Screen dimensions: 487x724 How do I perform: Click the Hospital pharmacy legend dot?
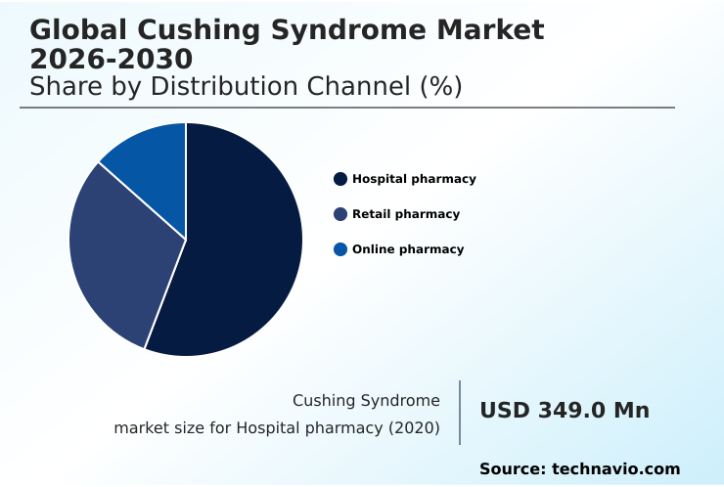coord(340,179)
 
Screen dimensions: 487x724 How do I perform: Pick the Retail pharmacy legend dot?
coord(340,214)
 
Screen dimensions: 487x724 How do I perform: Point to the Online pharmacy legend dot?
coord(340,249)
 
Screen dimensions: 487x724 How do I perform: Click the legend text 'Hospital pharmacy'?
coord(414,179)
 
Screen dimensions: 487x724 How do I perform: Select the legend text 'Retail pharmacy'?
coord(406,214)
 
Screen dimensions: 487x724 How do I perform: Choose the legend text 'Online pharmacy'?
coord(408,249)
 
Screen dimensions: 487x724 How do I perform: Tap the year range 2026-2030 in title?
coord(112,59)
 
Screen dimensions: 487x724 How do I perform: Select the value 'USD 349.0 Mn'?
coord(565,411)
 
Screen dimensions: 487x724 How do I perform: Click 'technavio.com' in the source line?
coord(616,469)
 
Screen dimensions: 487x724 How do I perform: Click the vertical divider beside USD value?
coord(460,413)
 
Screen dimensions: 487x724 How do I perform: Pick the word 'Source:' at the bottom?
coord(512,469)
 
